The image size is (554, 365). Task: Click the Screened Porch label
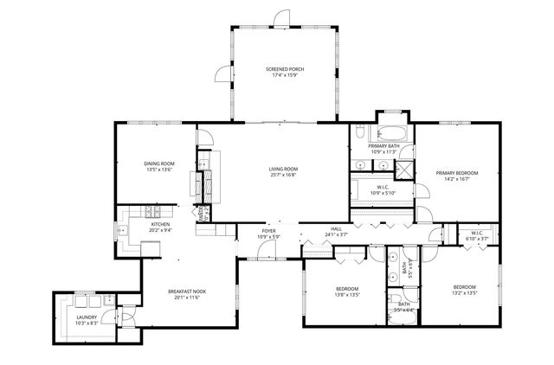(284, 69)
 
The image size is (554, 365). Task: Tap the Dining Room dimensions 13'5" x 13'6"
(159, 170)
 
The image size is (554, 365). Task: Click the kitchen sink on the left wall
(124, 231)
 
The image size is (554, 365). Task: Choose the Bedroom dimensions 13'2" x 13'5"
(464, 293)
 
